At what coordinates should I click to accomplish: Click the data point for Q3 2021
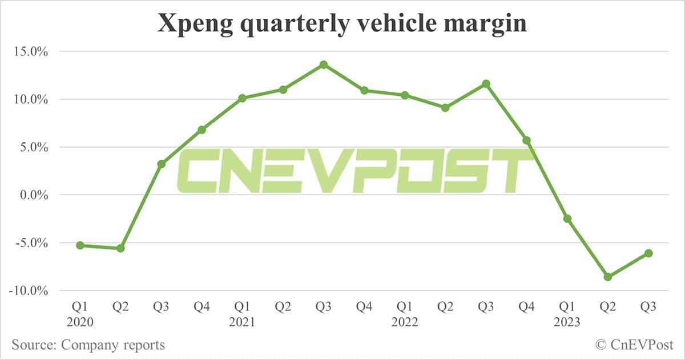pos(324,64)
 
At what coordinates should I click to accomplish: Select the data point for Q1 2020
pos(80,245)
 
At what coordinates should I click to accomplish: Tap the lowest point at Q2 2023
pos(608,277)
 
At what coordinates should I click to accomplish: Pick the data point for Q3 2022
pos(486,84)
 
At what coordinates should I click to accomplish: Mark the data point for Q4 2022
pos(526,140)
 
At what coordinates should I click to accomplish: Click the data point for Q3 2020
pos(162,164)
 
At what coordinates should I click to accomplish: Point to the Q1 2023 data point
pos(567,219)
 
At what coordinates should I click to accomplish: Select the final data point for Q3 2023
pos(648,253)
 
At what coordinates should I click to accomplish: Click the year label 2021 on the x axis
pos(242,322)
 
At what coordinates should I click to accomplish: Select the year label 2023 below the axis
pos(567,322)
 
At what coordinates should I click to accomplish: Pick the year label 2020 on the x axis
pos(80,322)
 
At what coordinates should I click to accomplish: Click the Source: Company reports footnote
pos(88,345)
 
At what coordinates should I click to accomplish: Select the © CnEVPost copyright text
pos(634,345)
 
